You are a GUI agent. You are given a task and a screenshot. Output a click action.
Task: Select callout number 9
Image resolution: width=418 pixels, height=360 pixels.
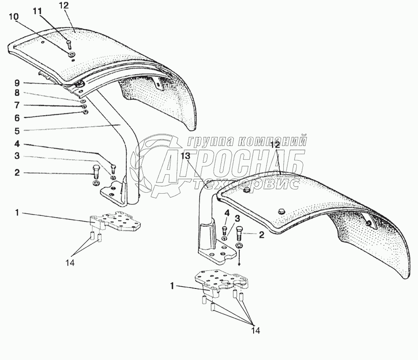pos(16,83)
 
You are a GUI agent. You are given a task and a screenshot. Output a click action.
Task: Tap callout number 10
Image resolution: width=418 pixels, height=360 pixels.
pos(14,16)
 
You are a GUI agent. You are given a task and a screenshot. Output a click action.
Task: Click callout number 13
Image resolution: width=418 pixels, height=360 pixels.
pos(185,156)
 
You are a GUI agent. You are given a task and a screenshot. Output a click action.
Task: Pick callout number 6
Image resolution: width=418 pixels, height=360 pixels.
pos(16,118)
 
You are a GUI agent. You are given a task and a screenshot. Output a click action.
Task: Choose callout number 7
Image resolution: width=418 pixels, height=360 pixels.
pos(16,106)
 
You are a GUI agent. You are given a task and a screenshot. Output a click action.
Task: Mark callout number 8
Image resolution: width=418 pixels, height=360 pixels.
pos(16,94)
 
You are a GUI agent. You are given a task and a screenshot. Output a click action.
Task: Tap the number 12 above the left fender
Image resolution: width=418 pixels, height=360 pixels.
pos(64,5)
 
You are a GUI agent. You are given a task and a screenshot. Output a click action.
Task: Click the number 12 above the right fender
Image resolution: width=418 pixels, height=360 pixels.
pos(276,145)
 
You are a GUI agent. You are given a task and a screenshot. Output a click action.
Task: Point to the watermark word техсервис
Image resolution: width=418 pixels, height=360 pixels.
pos(246,184)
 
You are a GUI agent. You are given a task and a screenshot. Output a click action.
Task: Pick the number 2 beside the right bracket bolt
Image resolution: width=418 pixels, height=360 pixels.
pos(261,235)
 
